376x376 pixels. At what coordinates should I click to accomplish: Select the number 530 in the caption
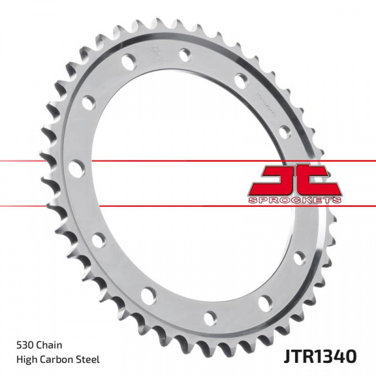pos(26,346)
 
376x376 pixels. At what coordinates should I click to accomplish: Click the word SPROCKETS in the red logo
pos(295,199)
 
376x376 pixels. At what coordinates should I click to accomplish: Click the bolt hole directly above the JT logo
pos(285,132)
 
